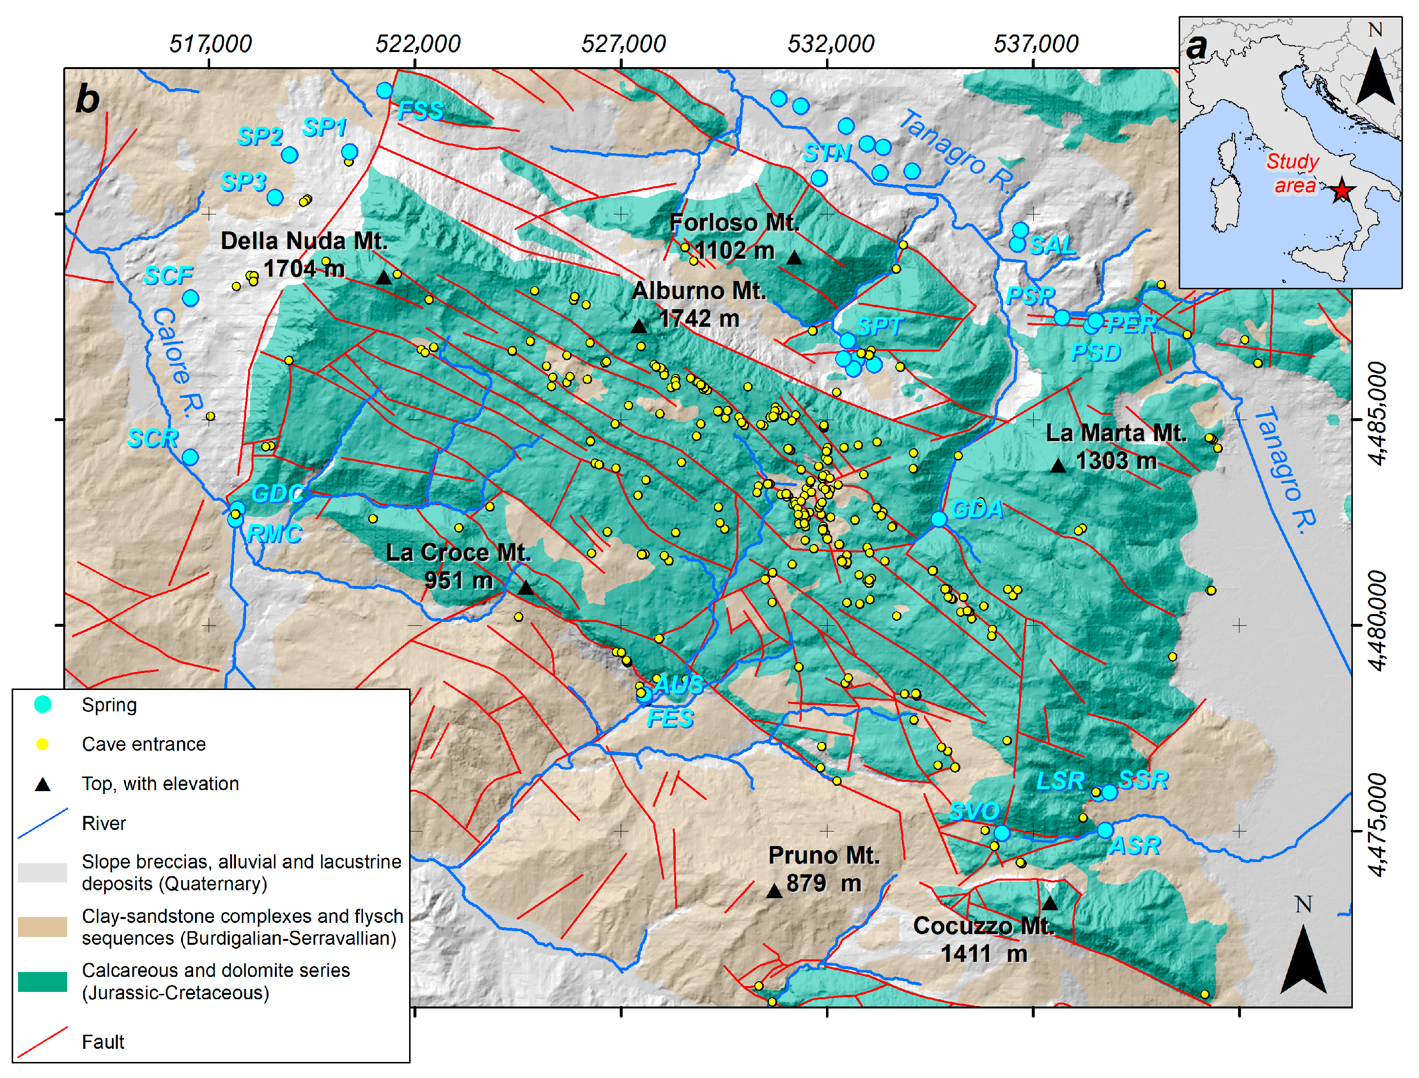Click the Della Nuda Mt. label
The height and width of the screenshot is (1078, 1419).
[304, 241]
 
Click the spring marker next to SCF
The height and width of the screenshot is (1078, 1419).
[191, 298]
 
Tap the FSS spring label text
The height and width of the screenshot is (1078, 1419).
[420, 111]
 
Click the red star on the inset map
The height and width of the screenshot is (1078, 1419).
[1341, 191]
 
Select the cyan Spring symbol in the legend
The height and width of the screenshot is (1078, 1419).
[42, 705]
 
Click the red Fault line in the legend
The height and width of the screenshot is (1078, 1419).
[42, 1042]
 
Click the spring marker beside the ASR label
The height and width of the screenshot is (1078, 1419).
[1105, 831]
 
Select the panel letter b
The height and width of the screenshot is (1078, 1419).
[88, 100]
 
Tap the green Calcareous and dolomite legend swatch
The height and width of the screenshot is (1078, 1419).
[42, 982]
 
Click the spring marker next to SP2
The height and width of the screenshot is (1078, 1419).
[289, 155]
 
